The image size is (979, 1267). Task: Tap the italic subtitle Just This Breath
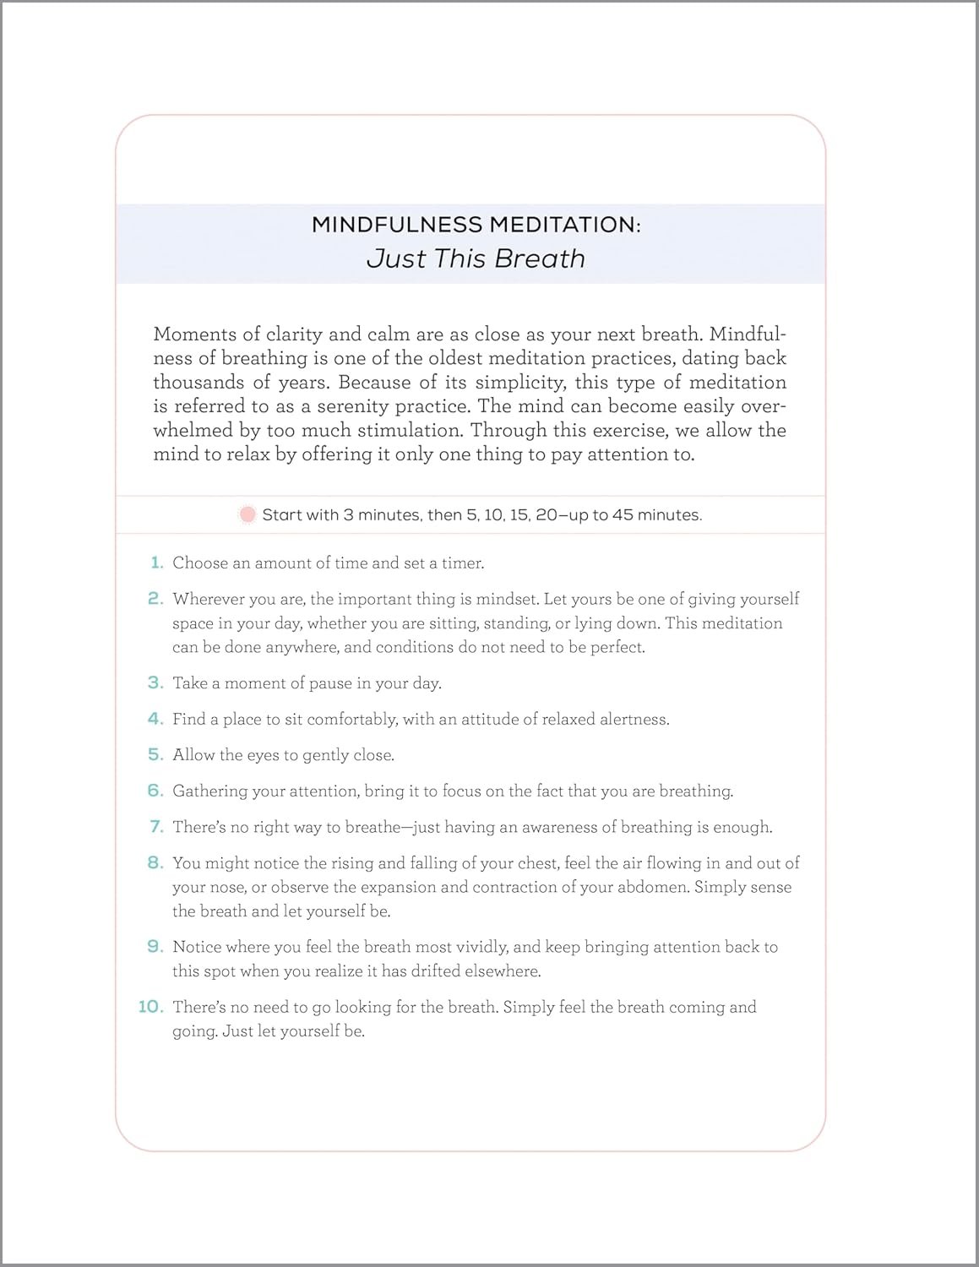tap(476, 258)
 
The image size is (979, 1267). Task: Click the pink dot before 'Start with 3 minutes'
tap(247, 514)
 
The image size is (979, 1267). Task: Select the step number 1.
tap(156, 563)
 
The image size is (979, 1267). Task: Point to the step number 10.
tap(150, 1007)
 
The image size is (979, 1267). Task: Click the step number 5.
tap(155, 754)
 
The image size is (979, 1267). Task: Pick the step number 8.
tap(155, 862)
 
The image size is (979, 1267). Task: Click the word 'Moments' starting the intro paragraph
tap(195, 334)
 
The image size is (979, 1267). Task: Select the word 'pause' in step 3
tap(330, 683)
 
